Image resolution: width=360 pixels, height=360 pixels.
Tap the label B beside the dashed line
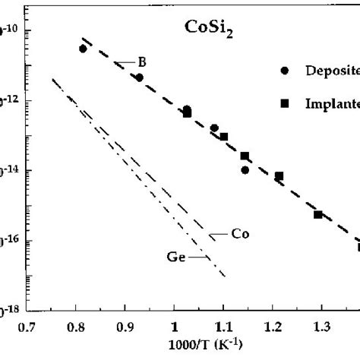click(141, 62)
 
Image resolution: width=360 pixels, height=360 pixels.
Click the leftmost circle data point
click(83, 49)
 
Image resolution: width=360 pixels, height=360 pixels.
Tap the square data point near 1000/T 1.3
click(317, 215)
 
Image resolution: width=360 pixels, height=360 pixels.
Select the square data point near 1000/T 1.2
click(279, 176)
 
